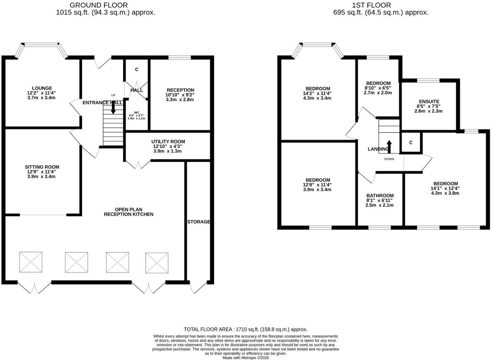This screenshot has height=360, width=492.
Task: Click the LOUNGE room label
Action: pos(42,88)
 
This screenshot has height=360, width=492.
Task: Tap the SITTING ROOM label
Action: pos(42,167)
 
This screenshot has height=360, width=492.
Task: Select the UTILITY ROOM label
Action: pos(168,142)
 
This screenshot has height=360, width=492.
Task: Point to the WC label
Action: pos(137,113)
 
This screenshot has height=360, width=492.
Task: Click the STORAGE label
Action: pos(199,222)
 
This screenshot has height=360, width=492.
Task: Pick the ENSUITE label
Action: pos(429,101)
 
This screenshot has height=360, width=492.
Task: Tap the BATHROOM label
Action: pos(380,195)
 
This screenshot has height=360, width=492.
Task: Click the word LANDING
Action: pos(378,149)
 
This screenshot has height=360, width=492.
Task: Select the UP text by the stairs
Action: pos(113,95)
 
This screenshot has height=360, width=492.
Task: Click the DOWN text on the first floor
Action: pos(389,159)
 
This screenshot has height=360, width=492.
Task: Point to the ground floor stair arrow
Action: pos(113,108)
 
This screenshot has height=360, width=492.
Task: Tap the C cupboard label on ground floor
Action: pos(137,69)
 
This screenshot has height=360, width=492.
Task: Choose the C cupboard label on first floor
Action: pos(411,143)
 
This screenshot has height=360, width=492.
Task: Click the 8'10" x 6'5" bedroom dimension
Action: pos(378,88)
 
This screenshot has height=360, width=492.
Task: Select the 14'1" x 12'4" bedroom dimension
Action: pos(445,188)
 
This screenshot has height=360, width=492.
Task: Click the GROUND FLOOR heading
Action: pos(99,5)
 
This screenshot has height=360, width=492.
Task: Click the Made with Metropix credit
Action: pos(246,358)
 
